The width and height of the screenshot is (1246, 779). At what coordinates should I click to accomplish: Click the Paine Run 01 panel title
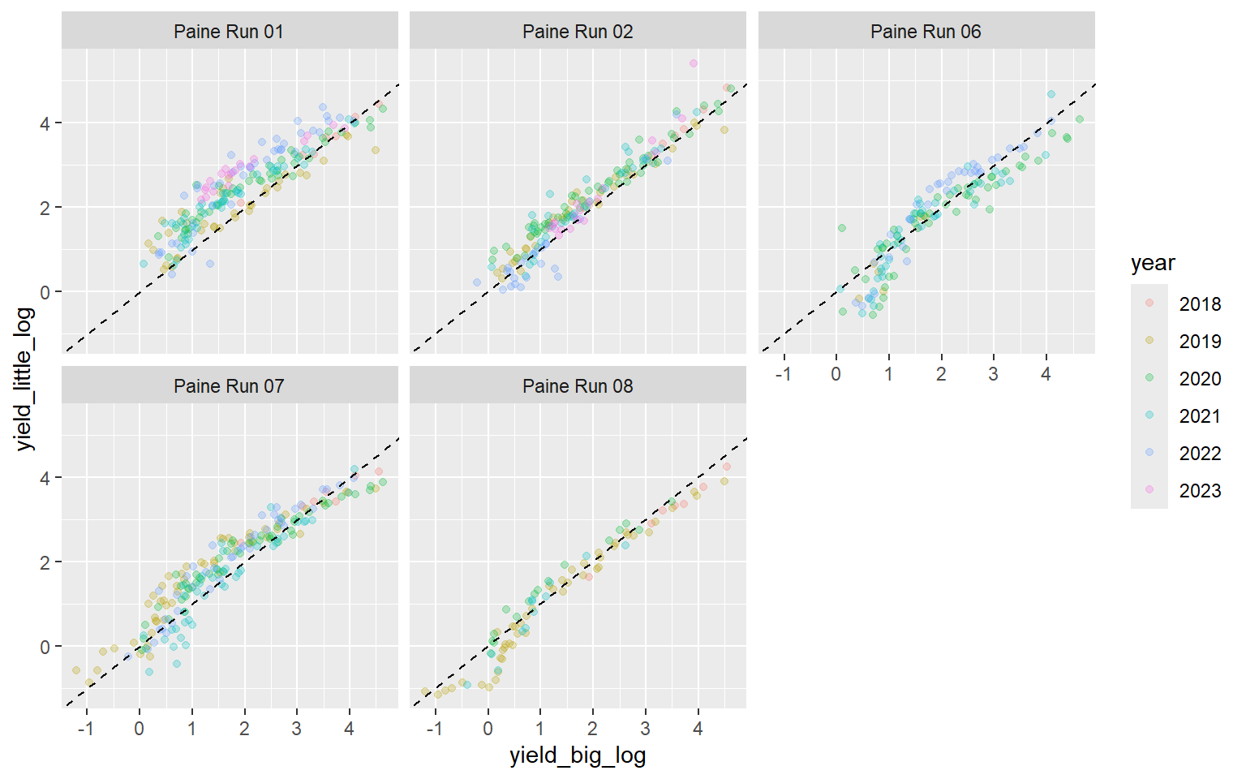click(x=229, y=32)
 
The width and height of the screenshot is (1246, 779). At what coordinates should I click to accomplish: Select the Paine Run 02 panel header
click(x=578, y=32)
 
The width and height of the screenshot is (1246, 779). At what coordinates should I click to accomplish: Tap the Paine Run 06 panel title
click(x=926, y=32)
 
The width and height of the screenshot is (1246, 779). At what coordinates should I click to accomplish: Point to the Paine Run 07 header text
click(x=229, y=386)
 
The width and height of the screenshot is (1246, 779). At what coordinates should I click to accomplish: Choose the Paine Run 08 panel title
click(x=578, y=386)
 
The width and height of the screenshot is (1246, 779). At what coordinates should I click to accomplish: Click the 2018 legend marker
click(x=1149, y=303)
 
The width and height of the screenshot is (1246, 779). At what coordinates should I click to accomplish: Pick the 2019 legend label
click(x=1200, y=342)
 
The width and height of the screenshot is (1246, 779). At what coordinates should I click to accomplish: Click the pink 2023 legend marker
click(x=1149, y=490)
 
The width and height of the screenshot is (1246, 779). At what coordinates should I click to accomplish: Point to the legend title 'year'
click(x=1152, y=263)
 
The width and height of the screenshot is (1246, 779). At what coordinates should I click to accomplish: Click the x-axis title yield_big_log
click(x=578, y=755)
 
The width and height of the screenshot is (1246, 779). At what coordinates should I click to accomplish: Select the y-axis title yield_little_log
click(x=24, y=379)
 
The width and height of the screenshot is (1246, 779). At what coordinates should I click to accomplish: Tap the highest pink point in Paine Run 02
click(x=694, y=63)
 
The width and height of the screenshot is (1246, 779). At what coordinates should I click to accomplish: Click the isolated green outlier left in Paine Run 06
click(x=842, y=228)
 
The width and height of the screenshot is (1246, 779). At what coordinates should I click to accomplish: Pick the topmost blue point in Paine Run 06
click(x=1051, y=94)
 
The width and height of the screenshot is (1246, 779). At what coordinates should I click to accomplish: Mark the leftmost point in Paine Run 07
click(x=76, y=670)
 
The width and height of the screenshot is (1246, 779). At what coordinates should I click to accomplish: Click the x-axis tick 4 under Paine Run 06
click(x=1046, y=374)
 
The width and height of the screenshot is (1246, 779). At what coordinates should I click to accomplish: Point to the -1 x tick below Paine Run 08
click(x=435, y=729)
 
